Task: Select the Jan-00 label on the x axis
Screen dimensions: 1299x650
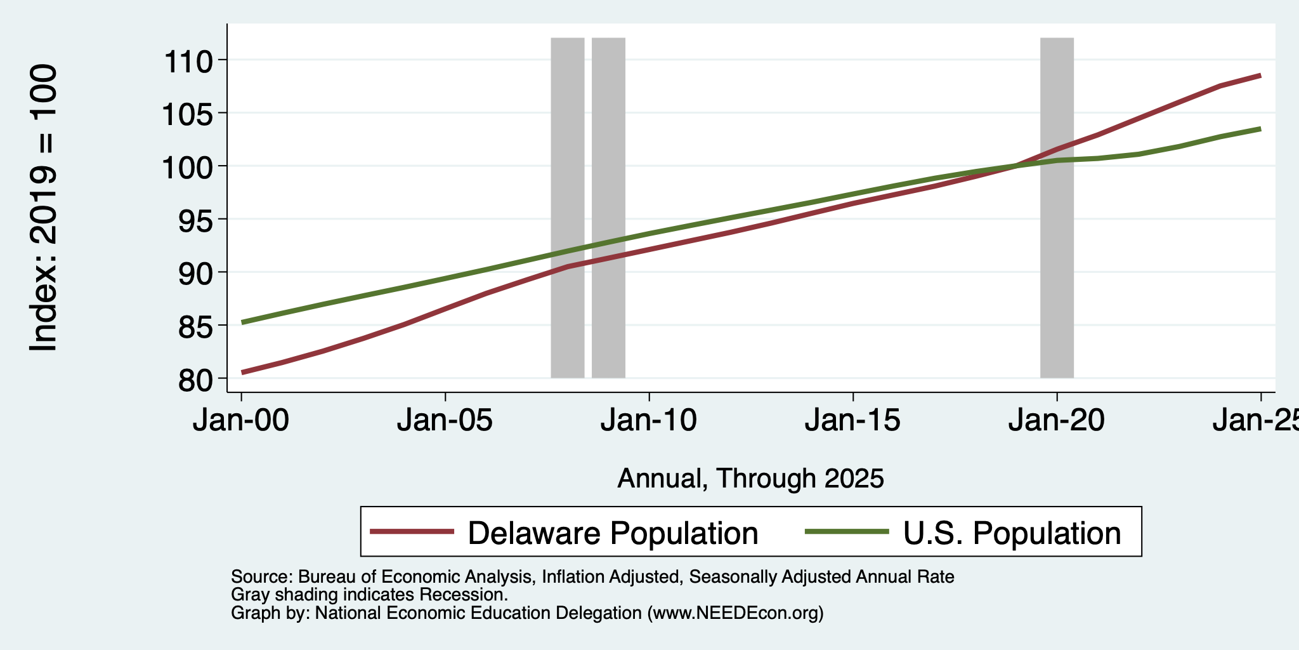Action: [x=241, y=420]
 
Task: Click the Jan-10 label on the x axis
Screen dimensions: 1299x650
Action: [x=649, y=420]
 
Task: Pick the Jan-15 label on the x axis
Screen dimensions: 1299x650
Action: [x=852, y=420]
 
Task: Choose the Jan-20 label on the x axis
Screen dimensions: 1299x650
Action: [x=1057, y=420]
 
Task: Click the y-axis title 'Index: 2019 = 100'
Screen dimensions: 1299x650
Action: [x=44, y=208]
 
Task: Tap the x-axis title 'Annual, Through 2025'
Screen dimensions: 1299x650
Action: [x=750, y=478]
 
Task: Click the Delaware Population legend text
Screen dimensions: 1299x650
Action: [x=613, y=533]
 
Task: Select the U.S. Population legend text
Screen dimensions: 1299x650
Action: [x=1012, y=533]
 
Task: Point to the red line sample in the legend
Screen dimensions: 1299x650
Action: [x=412, y=531]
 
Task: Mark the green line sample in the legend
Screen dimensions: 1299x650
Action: [x=847, y=531]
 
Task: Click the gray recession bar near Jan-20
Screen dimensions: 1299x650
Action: [x=1057, y=208]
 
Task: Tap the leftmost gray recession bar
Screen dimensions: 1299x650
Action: [x=567, y=208]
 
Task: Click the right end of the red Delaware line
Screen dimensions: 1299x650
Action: [x=1260, y=76]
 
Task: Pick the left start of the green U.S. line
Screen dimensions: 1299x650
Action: [x=242, y=322]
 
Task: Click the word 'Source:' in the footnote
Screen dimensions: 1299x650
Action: [x=261, y=577]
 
